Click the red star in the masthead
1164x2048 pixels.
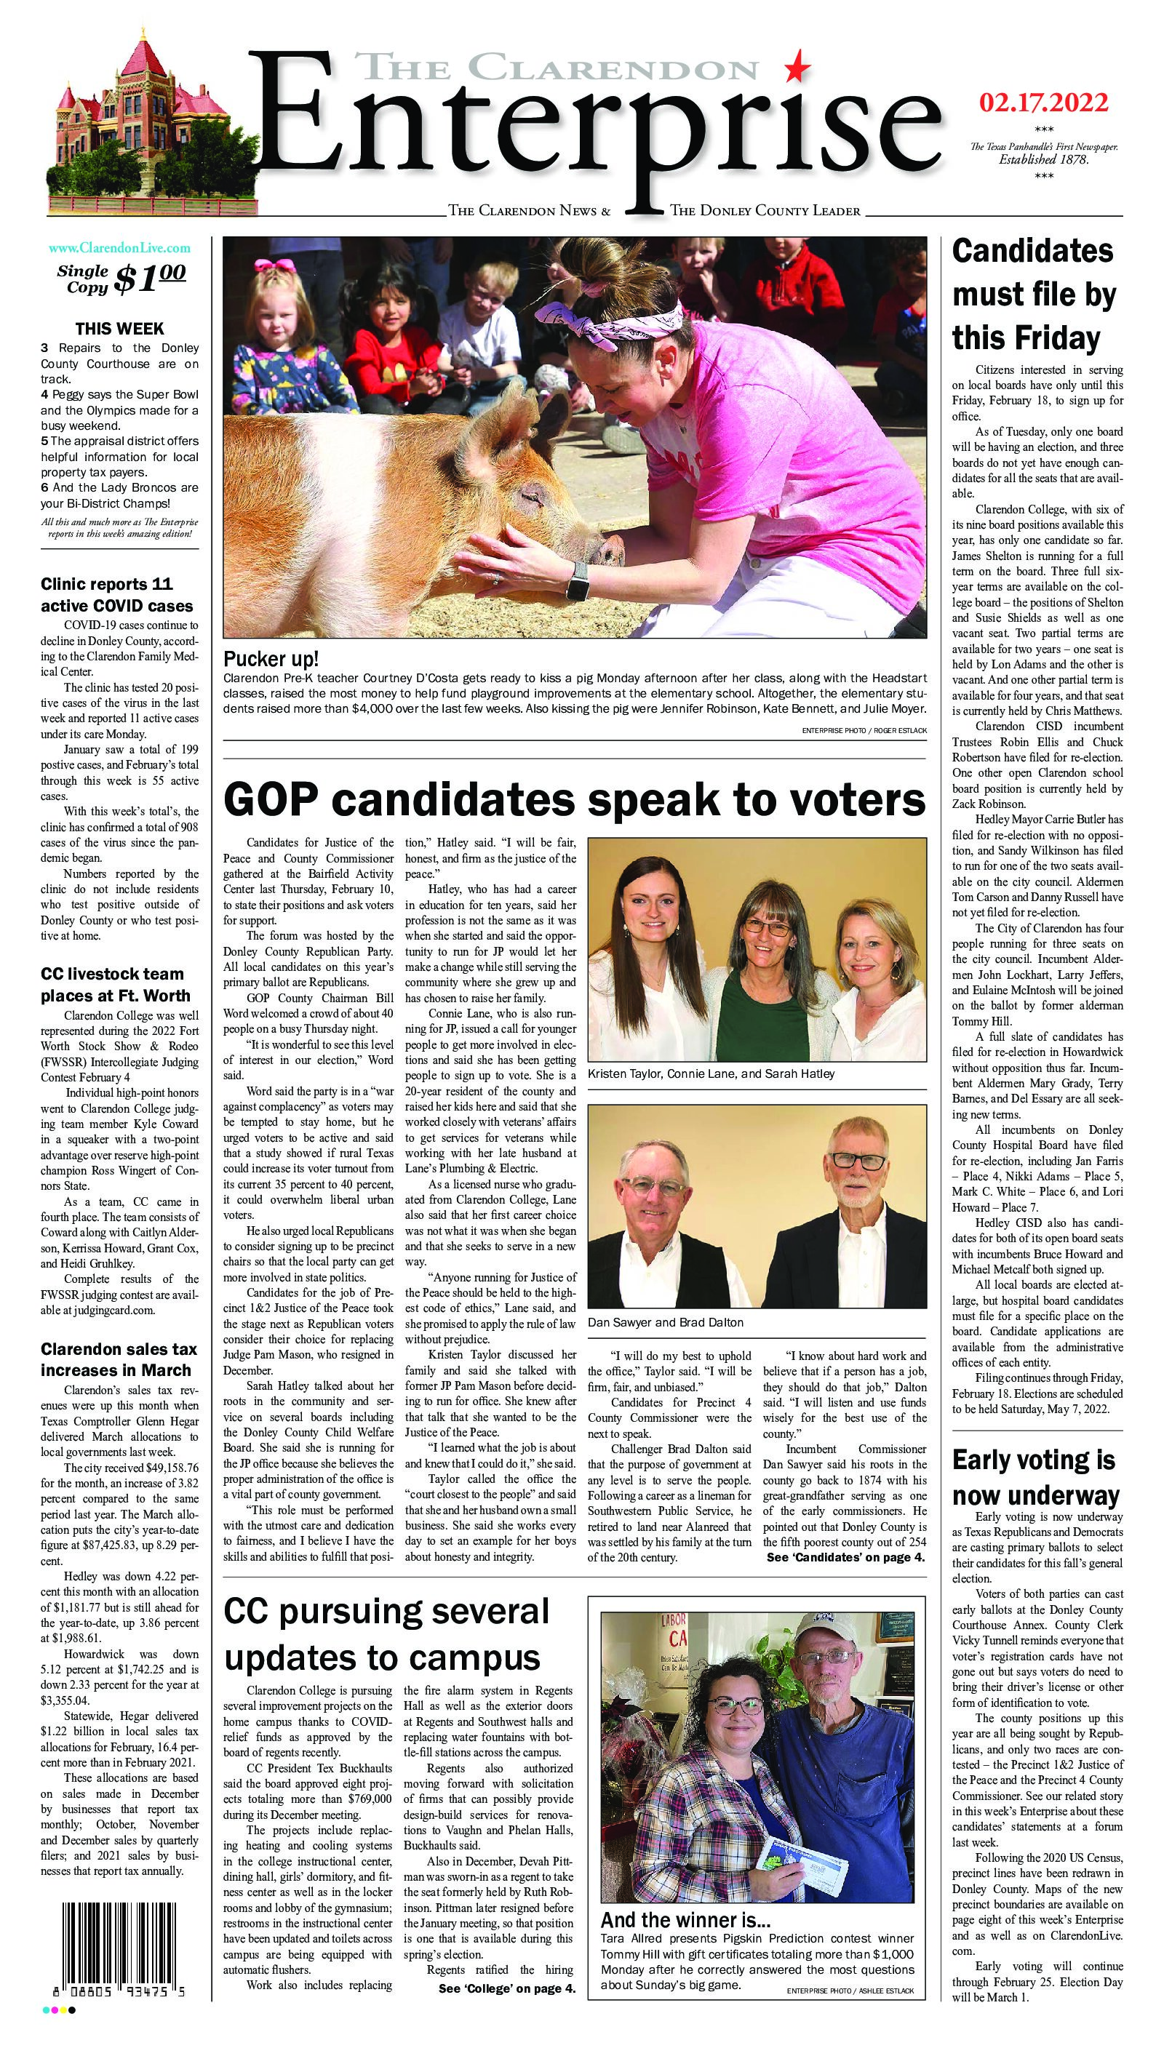(797, 68)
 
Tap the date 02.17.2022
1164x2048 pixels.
(1043, 104)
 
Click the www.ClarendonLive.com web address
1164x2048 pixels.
(119, 248)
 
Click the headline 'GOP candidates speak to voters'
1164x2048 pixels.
(574, 799)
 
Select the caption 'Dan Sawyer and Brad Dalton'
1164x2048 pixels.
(665, 1322)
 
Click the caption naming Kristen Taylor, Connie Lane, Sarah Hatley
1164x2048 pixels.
(711, 1074)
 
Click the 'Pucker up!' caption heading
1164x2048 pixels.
(271, 659)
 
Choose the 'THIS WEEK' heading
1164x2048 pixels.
(119, 329)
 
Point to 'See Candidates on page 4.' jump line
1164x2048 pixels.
(846, 1557)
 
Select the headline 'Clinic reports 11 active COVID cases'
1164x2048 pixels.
(118, 594)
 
